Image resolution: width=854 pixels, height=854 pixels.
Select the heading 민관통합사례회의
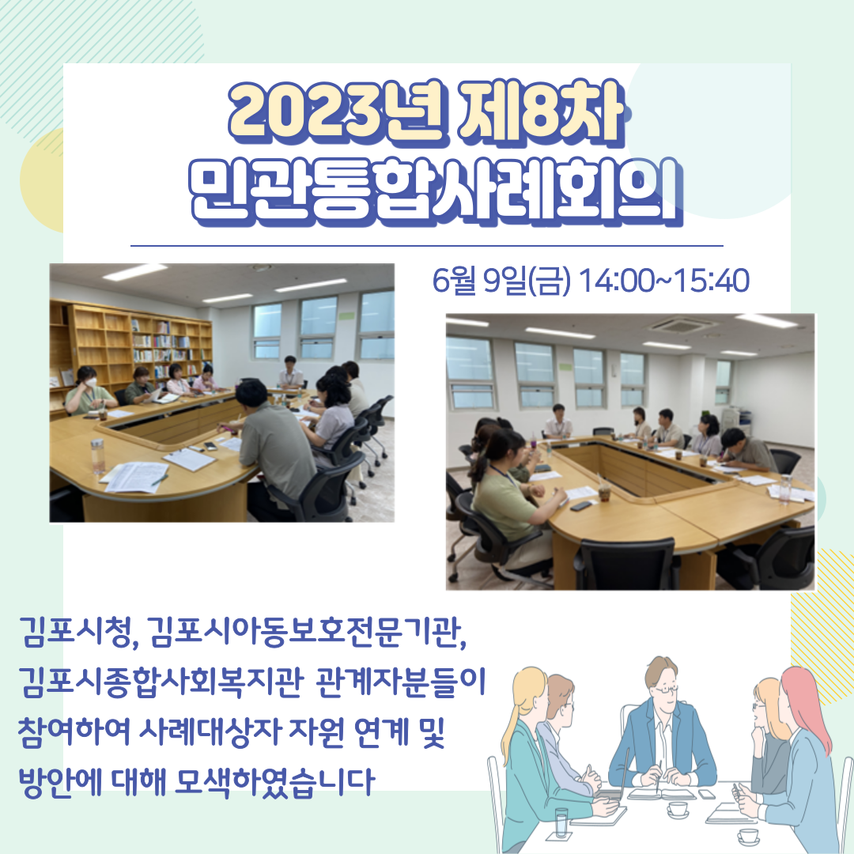(x=436, y=191)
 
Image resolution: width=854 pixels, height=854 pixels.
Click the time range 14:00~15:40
(x=663, y=281)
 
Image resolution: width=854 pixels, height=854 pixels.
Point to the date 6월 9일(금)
(x=501, y=281)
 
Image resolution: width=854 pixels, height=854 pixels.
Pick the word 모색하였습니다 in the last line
(x=276, y=782)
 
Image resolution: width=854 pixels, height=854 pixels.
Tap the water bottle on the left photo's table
(x=97, y=456)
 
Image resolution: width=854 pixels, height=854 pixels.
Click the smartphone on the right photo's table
(x=580, y=504)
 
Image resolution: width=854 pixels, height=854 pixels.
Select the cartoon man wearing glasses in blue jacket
(x=663, y=724)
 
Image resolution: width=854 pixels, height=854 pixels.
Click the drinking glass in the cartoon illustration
(x=561, y=822)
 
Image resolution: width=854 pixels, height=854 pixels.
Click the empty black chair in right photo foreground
(x=626, y=564)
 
